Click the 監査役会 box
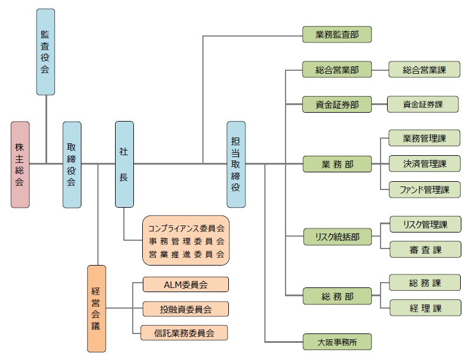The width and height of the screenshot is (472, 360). pyautogui.click(x=45, y=52)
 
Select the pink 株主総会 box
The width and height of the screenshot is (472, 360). pyautogui.click(x=19, y=165)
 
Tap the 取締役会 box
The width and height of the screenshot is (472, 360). pyautogui.click(x=72, y=165)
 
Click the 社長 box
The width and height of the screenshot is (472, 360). pyautogui.click(x=124, y=165)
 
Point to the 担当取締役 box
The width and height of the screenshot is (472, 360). pyautogui.click(x=236, y=165)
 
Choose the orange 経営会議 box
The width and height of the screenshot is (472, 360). pyautogui.click(x=97, y=309)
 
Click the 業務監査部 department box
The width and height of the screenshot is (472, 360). pyautogui.click(x=337, y=35)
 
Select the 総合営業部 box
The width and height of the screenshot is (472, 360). pyautogui.click(x=337, y=70)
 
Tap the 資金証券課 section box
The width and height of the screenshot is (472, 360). pyautogui.click(x=422, y=104)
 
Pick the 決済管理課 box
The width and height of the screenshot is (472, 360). pyautogui.click(x=425, y=163)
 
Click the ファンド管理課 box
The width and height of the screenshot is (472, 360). pyautogui.click(x=425, y=189)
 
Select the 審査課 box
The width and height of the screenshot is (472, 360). pyautogui.click(x=425, y=250)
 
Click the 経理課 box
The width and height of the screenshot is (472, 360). pyautogui.click(x=425, y=307)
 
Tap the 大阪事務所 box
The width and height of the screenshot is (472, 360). pyautogui.click(x=337, y=341)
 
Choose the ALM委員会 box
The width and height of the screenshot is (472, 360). pyautogui.click(x=185, y=284)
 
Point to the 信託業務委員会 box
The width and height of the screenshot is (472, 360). pyautogui.click(x=185, y=333)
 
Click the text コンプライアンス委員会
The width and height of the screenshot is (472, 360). pyautogui.click(x=185, y=227)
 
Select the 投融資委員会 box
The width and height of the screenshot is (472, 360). pyautogui.click(x=185, y=309)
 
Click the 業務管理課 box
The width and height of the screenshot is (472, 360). pyautogui.click(x=425, y=139)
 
